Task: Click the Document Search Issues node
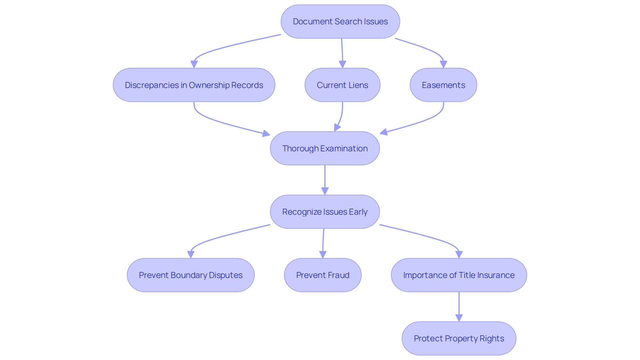coord(340,22)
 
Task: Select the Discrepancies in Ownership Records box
coord(194,85)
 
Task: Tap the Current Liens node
coord(342,85)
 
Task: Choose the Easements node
coord(443,85)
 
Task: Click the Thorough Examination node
coord(325,148)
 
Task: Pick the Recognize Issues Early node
coord(325,212)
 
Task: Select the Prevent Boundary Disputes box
coord(190,275)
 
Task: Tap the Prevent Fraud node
coord(322,275)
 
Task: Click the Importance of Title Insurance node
coord(459,275)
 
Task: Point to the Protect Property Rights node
coord(459,338)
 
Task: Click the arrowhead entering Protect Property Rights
coord(459,318)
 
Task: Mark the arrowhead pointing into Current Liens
coord(342,64)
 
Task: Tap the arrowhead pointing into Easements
coord(443,64)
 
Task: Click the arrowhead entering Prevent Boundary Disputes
coord(191,254)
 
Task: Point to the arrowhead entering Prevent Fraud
coord(323,254)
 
